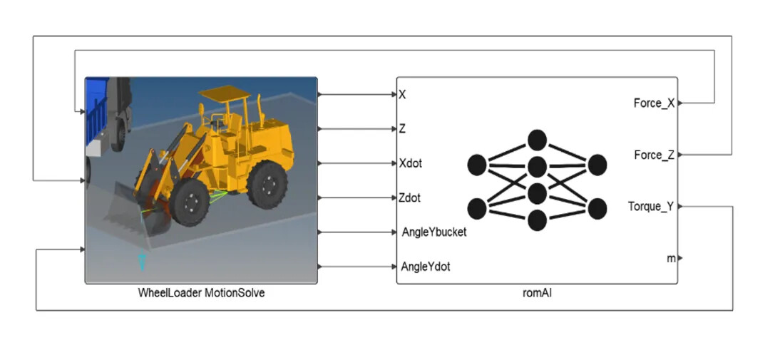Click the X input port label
point(403,94)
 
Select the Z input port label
point(403,129)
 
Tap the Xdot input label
point(411,163)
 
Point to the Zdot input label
point(411,197)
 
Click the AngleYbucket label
point(433,232)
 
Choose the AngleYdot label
point(426,267)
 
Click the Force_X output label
point(654,103)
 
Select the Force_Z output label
point(654,155)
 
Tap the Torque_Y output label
point(650,207)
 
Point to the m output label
point(671,258)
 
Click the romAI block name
point(537,292)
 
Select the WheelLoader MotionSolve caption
point(201,292)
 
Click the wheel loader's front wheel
point(189,202)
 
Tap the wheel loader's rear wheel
point(267,184)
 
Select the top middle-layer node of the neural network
point(537,140)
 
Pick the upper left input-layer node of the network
point(477,165)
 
